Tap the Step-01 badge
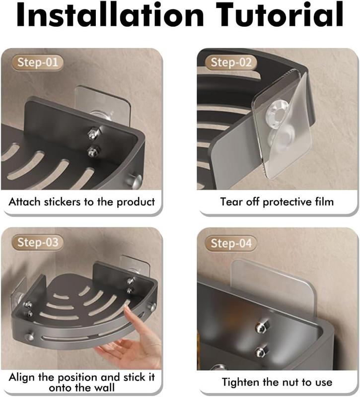pyautogui.click(x=38, y=63)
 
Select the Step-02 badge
pyautogui.click(x=231, y=63)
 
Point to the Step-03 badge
pyautogui.click(x=38, y=242)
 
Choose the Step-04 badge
pyautogui.click(x=231, y=243)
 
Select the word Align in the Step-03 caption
pyautogui.click(x=22, y=378)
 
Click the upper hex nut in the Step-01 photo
pyautogui.click(x=93, y=133)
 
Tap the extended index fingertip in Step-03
pyautogui.click(x=127, y=308)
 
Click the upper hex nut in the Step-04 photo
pyautogui.click(x=262, y=327)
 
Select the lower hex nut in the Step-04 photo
pyautogui.click(x=261, y=351)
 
